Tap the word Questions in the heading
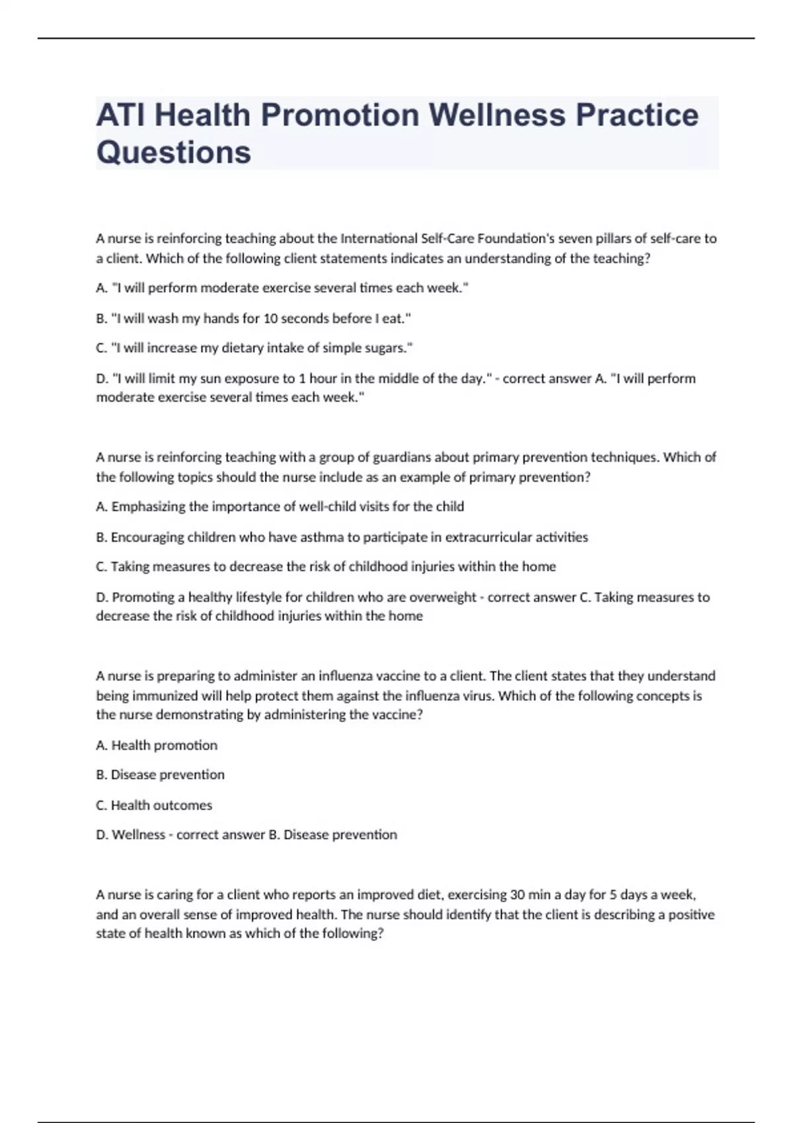coord(173,152)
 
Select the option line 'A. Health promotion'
coord(157,745)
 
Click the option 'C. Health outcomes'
coord(154,805)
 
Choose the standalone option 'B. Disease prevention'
coord(160,775)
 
